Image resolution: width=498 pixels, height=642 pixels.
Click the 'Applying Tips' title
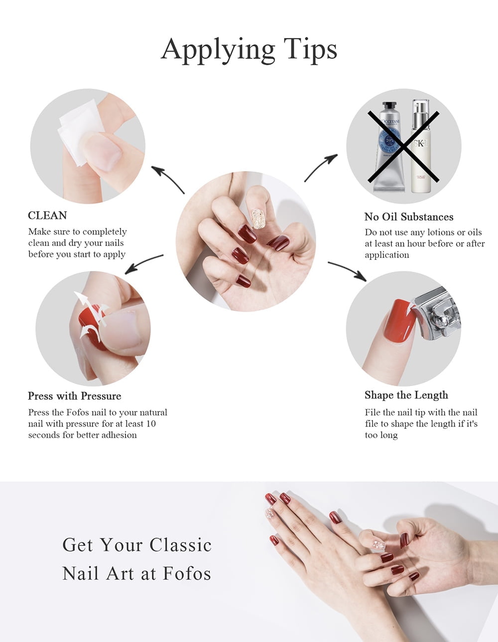click(249, 49)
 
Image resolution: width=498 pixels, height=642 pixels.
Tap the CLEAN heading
click(47, 215)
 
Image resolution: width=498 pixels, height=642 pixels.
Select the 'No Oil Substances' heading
click(409, 217)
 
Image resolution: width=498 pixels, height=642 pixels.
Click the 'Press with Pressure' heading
click(75, 396)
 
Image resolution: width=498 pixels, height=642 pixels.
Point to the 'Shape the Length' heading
click(406, 395)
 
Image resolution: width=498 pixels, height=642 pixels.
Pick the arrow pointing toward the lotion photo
click(321, 167)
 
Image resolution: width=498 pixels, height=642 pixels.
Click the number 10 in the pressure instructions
click(150, 424)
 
